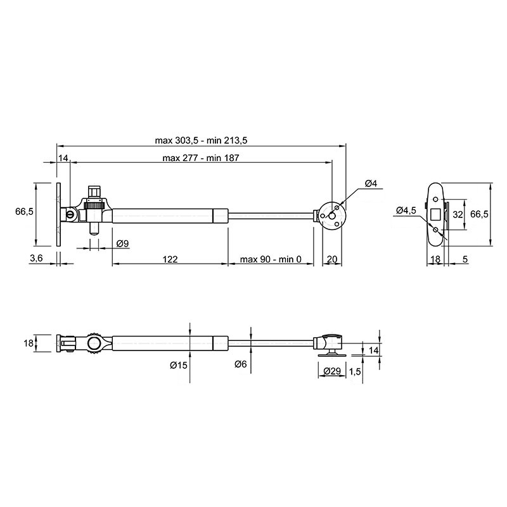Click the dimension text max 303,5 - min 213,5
click(x=201, y=141)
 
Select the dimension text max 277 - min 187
click(x=201, y=158)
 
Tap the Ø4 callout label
click(x=371, y=184)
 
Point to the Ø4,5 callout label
click(x=406, y=210)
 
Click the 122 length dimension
click(x=170, y=259)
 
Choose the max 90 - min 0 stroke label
click(x=271, y=259)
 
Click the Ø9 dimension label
click(x=122, y=243)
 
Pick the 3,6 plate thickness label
click(x=36, y=258)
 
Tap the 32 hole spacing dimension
click(x=458, y=214)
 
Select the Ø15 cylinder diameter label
click(x=179, y=365)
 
